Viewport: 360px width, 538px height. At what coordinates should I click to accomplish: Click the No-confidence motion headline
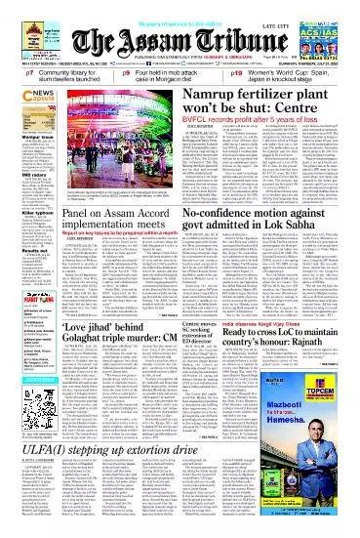pos(263,244)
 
